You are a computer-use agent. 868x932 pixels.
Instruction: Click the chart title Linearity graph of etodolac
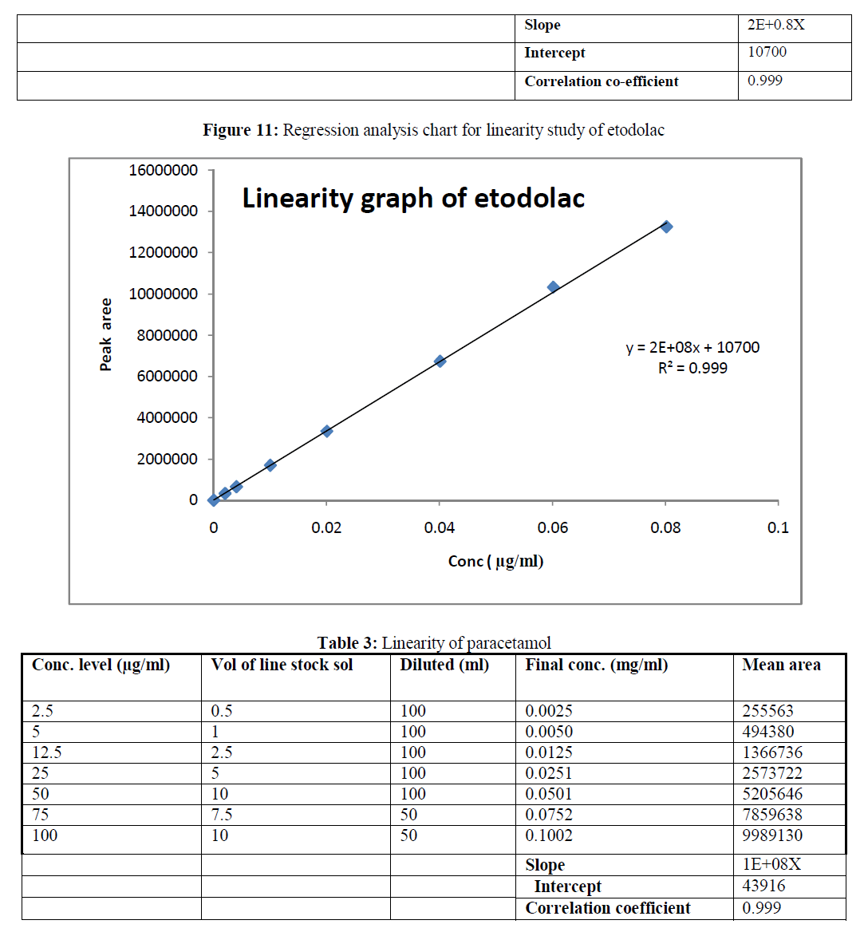(x=413, y=198)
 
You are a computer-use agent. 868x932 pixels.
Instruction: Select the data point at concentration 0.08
(x=666, y=227)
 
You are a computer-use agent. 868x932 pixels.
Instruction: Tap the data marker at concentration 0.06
(x=553, y=286)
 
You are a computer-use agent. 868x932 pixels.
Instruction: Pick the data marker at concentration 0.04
(x=440, y=361)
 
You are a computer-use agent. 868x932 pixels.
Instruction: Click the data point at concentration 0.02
(x=326, y=431)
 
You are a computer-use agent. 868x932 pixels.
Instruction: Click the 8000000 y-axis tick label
(x=167, y=335)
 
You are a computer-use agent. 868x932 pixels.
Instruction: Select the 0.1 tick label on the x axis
(x=778, y=527)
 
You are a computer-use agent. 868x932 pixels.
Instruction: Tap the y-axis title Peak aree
(x=106, y=335)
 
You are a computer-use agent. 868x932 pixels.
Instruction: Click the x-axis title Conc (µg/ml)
(x=495, y=561)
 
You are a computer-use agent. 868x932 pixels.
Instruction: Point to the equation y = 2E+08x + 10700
(x=692, y=348)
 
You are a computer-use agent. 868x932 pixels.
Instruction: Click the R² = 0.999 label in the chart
(x=692, y=368)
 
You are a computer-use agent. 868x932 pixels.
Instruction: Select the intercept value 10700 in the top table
(x=767, y=52)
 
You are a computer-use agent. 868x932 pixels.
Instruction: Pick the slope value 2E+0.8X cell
(x=775, y=25)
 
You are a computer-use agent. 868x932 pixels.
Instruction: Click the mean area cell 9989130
(x=772, y=835)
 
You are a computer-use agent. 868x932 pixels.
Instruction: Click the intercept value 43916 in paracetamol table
(x=763, y=886)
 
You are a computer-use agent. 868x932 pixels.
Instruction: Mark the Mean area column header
(x=781, y=665)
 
